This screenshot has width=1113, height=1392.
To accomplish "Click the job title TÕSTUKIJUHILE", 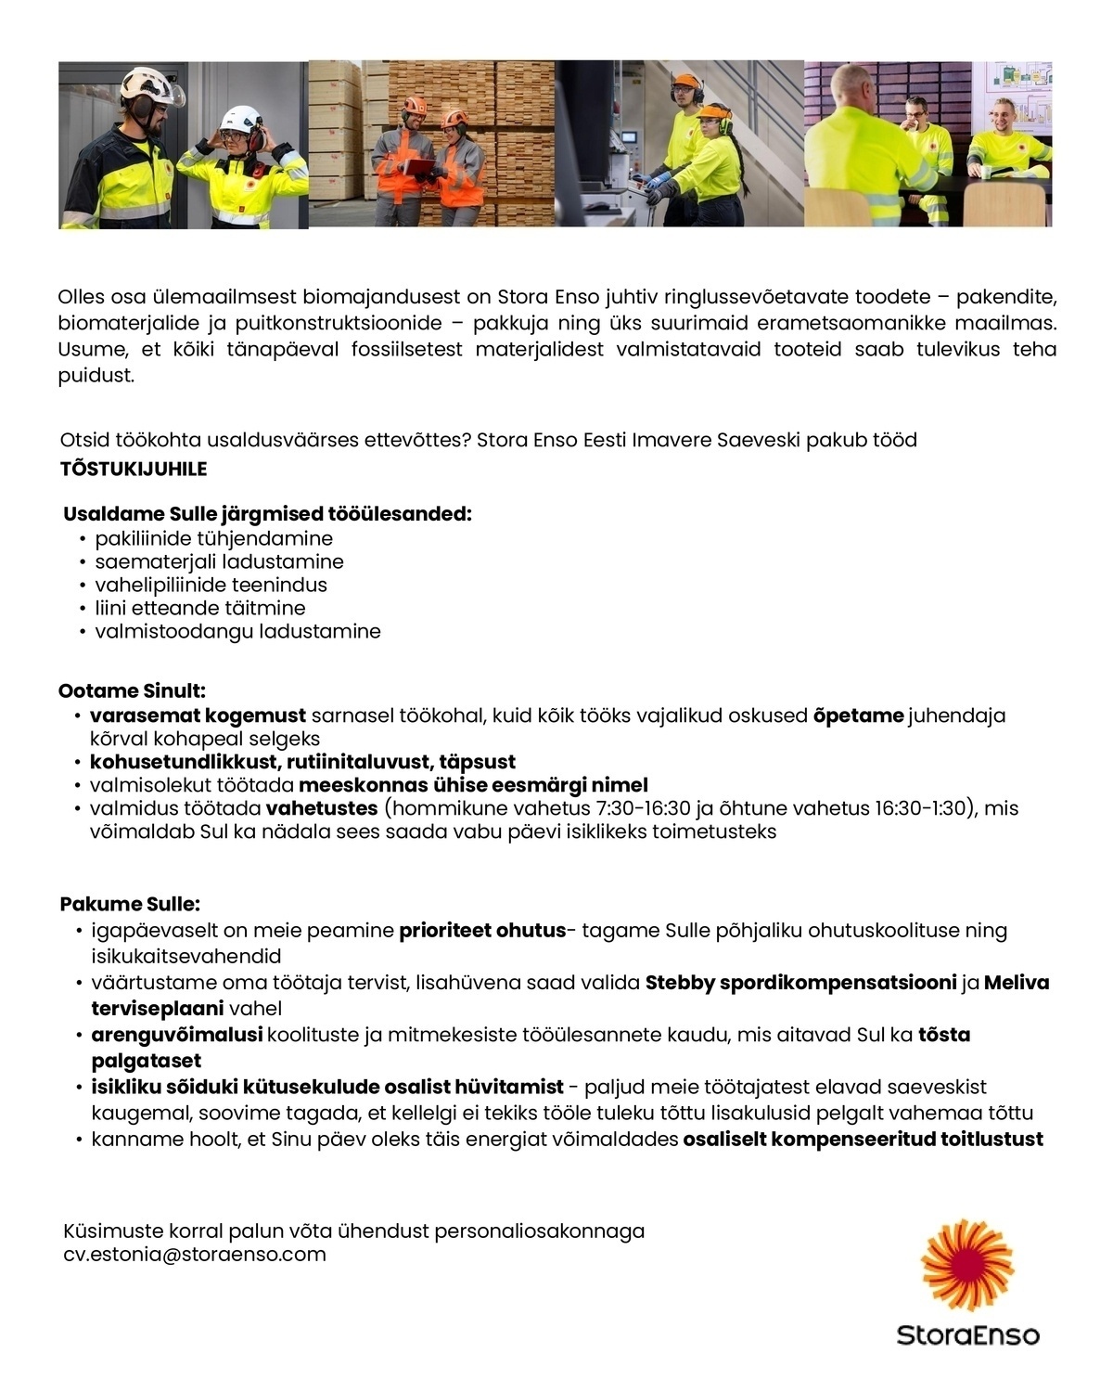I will (x=134, y=469).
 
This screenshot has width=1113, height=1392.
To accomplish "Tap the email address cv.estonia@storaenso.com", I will (x=195, y=1255).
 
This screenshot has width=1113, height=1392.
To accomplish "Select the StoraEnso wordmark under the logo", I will (x=967, y=1335).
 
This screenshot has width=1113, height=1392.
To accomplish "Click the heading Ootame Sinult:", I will (x=132, y=690).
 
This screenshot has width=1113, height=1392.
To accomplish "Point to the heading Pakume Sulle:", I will (x=130, y=904).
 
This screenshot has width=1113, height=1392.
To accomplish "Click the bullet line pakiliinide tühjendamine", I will (x=213, y=538).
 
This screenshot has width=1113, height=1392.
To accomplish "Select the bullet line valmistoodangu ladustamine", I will (x=237, y=631).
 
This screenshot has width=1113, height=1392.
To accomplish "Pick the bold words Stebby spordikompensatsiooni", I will (x=800, y=982).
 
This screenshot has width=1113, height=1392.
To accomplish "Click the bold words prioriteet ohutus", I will (x=482, y=930).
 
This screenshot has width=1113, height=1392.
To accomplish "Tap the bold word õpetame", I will (x=858, y=715).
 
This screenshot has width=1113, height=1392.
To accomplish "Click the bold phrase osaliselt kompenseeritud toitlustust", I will (x=863, y=1139).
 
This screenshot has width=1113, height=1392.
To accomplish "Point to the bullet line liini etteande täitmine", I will (x=200, y=608).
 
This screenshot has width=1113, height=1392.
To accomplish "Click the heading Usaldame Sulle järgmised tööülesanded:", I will (x=267, y=514).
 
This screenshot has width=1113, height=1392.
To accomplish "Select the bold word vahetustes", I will (x=322, y=808).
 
